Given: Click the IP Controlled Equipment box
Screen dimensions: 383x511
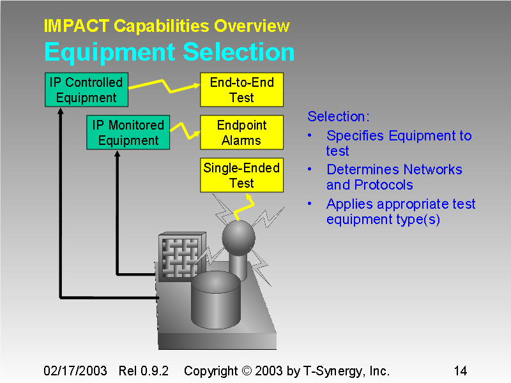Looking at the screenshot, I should (86, 90).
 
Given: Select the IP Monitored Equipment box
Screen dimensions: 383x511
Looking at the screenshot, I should (128, 133).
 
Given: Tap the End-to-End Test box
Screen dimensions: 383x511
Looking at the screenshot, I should (241, 90).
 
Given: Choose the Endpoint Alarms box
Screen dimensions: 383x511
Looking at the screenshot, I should (241, 133).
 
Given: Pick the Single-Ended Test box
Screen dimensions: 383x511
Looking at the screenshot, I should (241, 176).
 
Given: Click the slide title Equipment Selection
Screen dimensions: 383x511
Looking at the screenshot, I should (169, 52).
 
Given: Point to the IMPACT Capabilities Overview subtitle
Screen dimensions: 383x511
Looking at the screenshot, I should (167, 26).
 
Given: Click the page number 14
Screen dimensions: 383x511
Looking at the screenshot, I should (460, 371).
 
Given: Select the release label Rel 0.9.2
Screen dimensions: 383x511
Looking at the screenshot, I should (144, 371).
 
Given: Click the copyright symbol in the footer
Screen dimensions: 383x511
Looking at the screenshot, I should (246, 371).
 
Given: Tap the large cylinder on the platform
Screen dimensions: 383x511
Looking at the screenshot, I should (215, 297).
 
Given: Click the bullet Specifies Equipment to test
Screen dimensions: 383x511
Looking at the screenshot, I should (398, 143).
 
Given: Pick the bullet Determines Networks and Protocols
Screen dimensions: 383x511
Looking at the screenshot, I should (393, 177).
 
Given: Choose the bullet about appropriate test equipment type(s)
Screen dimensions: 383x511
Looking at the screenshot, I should (400, 211).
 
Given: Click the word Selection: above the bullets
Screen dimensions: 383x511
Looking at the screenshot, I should (338, 116).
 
